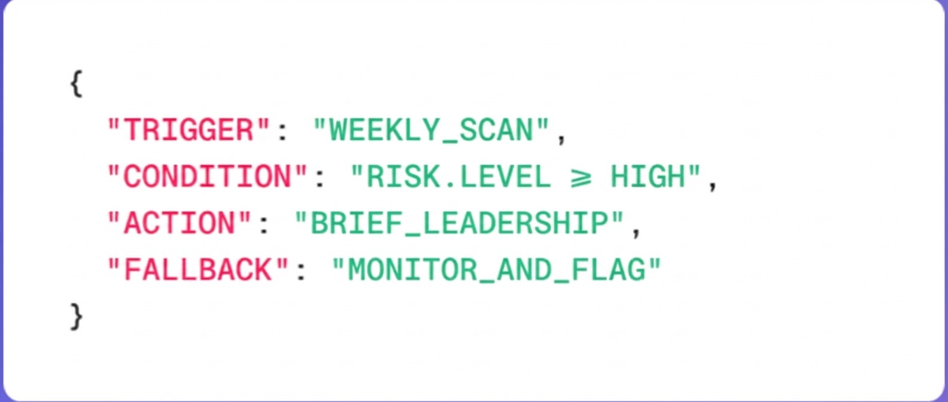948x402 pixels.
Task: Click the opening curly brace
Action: point(76,84)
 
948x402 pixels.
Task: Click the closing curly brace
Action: point(76,316)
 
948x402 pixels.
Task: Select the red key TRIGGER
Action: point(189,130)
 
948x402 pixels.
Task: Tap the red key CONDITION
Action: point(207,177)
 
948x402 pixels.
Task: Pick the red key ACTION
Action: point(180,224)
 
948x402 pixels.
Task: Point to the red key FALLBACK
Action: point(198,270)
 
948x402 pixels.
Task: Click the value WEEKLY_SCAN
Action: point(431,130)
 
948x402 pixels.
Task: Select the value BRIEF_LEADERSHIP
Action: point(459,224)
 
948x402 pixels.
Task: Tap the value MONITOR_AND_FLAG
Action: point(496,270)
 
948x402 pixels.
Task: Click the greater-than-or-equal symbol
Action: point(580,178)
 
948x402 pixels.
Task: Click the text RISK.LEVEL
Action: point(458,177)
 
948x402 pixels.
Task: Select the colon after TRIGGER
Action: point(282,133)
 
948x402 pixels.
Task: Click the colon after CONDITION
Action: point(320,179)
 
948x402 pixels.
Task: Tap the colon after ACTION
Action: point(264,226)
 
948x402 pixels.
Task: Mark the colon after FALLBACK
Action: point(301,273)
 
